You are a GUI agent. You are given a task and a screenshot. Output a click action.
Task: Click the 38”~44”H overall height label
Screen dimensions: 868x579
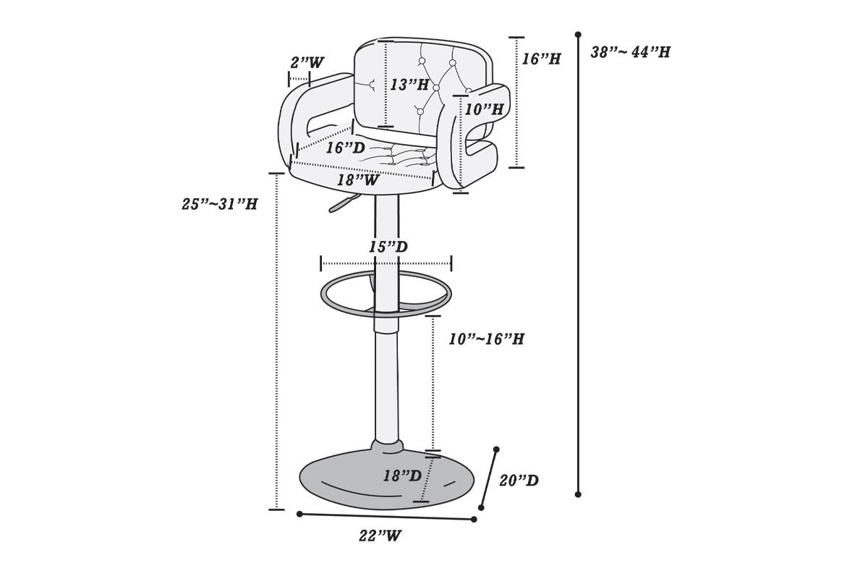631,52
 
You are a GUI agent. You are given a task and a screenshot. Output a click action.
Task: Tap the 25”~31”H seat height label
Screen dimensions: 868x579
220,204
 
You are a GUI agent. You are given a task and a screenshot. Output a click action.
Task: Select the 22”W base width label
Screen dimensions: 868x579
380,536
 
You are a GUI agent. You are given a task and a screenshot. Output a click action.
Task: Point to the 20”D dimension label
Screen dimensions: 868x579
519,481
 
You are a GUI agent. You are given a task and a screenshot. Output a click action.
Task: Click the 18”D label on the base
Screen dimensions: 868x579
402,476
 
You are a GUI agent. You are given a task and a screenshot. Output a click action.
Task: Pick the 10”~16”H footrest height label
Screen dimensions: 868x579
486,339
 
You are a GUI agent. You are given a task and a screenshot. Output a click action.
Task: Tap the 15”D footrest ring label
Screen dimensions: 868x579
388,247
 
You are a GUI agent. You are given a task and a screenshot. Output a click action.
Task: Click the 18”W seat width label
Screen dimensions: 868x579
357,180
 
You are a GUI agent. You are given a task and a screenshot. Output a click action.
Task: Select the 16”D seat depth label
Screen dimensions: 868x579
346,148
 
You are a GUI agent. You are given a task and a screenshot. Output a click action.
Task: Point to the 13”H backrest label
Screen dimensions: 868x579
409,85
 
